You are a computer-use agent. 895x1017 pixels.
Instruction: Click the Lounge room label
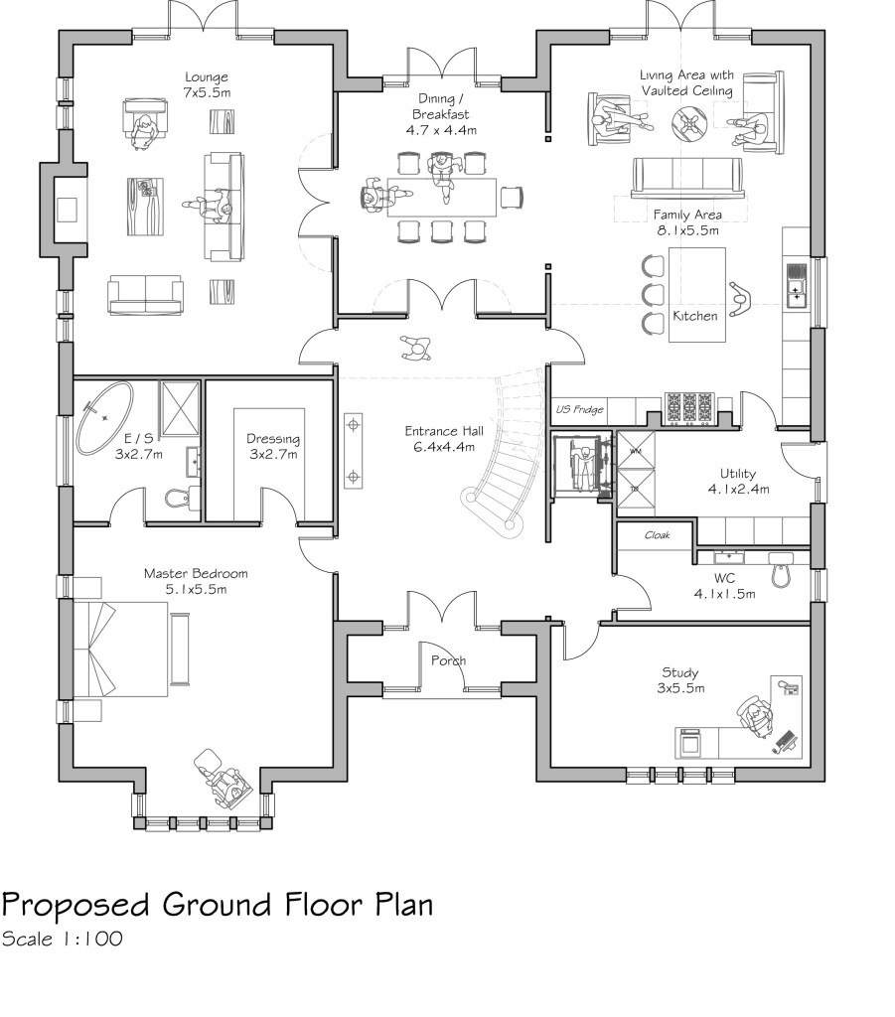tap(206, 84)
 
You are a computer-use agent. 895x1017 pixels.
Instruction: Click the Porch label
tap(448, 660)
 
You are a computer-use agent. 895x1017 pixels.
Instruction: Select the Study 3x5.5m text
tap(679, 680)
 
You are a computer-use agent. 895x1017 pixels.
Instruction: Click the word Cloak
tap(658, 534)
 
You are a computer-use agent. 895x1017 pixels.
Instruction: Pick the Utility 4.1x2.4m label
tap(740, 482)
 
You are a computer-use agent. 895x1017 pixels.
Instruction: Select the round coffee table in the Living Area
tap(688, 122)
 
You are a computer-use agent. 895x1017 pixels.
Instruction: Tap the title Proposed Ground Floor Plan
tap(218, 905)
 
